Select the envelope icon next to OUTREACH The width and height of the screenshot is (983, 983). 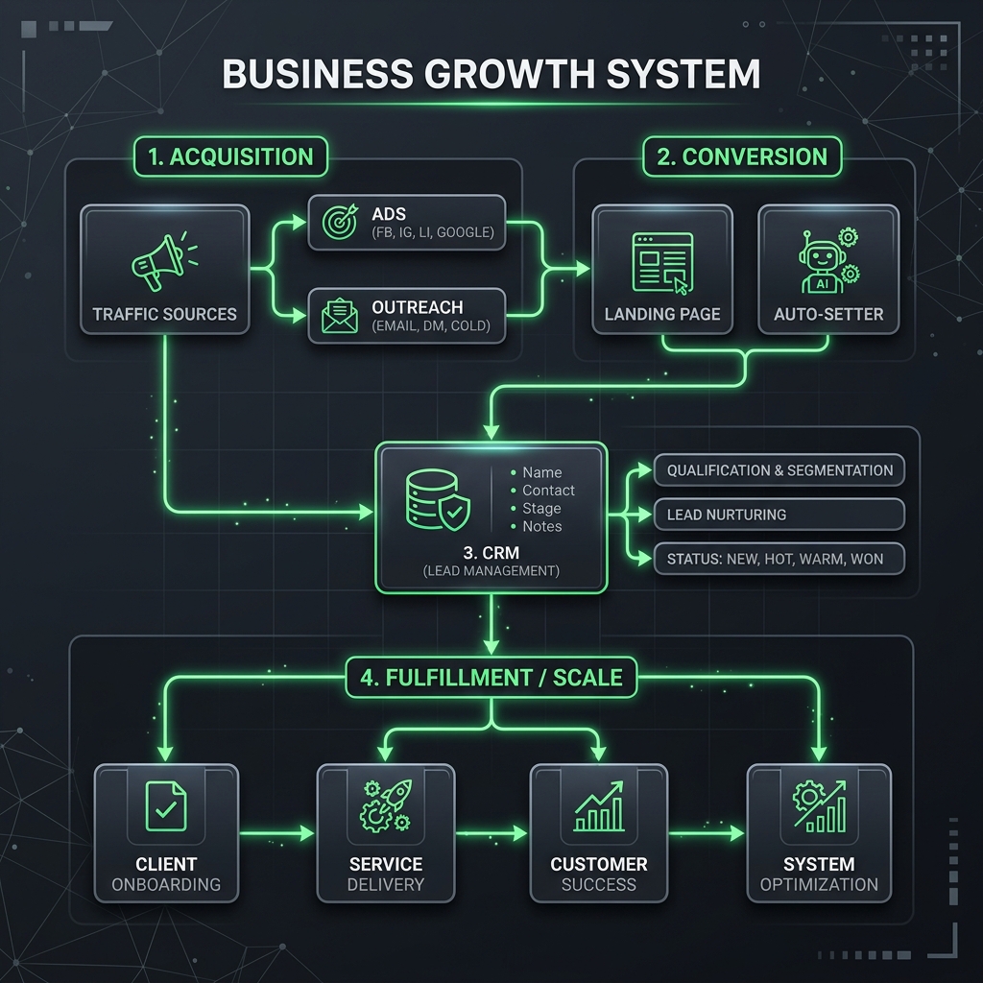[338, 316]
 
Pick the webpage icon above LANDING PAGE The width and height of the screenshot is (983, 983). [661, 261]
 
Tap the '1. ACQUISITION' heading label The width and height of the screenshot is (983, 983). [231, 157]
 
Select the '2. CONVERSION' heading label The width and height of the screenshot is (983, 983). [742, 157]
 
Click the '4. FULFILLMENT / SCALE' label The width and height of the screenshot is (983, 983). [491, 678]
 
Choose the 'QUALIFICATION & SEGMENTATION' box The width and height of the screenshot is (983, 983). [779, 470]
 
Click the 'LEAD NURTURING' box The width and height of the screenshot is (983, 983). [779, 515]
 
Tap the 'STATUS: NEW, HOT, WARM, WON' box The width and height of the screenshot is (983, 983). [779, 559]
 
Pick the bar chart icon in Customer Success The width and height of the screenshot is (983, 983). [599, 806]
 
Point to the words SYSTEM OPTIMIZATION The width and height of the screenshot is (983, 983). [819, 875]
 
